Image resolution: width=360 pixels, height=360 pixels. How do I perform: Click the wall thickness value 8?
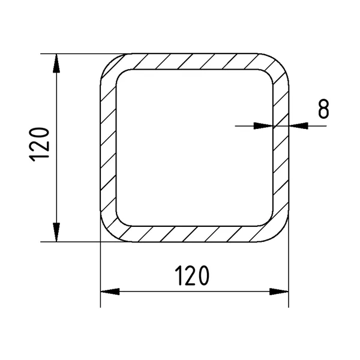click(323, 109)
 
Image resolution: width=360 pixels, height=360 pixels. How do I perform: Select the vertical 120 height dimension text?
click(39, 145)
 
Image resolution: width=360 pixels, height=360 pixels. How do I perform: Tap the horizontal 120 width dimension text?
click(192, 275)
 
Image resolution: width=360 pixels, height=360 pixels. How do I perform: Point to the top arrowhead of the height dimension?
click(56, 64)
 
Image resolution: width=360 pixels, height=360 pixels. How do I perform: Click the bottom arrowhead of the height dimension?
click(56, 232)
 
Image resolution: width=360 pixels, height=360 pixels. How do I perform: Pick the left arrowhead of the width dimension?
click(110, 292)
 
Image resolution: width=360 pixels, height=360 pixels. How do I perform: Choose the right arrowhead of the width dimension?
click(279, 292)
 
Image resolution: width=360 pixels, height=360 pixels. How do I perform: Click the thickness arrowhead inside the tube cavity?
click(263, 126)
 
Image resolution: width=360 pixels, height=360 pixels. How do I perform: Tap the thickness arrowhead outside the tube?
click(298, 126)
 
